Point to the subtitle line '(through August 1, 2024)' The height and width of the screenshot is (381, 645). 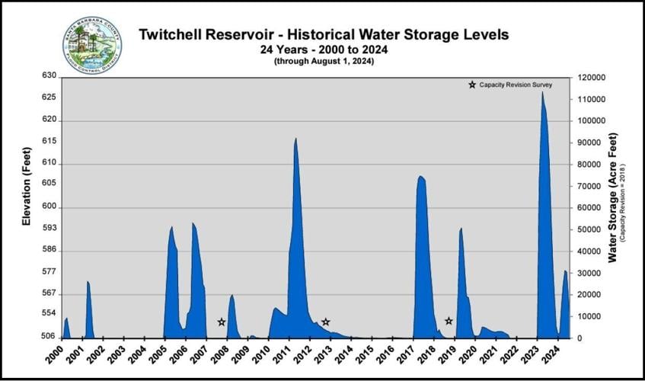click(x=324, y=61)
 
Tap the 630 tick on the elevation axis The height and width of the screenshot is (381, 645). click(x=49, y=76)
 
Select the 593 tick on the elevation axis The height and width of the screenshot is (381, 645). click(x=49, y=228)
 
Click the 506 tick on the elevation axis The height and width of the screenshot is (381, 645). click(x=49, y=337)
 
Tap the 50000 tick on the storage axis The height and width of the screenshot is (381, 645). click(x=587, y=229)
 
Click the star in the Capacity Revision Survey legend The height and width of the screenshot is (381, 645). click(x=472, y=85)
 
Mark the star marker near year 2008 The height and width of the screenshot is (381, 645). click(x=222, y=322)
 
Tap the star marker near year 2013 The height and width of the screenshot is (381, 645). click(x=325, y=322)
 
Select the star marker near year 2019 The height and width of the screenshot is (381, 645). click(x=449, y=321)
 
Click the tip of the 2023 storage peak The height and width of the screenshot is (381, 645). click(x=542, y=92)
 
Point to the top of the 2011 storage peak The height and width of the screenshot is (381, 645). click(x=295, y=139)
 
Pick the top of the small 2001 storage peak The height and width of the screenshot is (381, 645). click(x=88, y=282)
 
